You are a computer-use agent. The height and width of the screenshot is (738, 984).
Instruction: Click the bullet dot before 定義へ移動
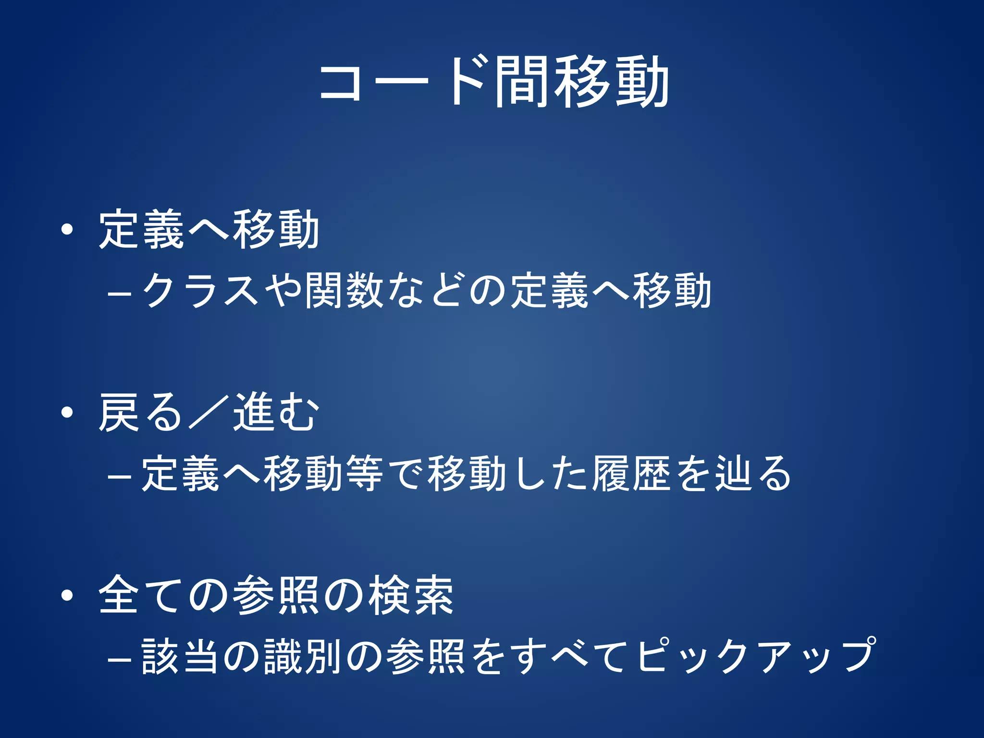pos(67,230)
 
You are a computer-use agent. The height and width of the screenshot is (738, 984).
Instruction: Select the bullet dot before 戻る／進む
pos(67,412)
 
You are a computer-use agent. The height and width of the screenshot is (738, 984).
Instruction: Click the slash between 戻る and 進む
pos(208,412)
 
